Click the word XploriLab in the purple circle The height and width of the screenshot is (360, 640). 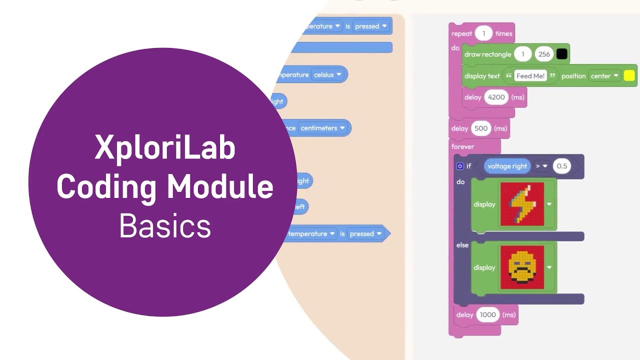pyautogui.click(x=165, y=148)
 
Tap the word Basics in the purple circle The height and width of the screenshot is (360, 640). pyautogui.click(x=165, y=226)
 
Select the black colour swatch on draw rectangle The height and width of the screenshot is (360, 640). pyautogui.click(x=562, y=54)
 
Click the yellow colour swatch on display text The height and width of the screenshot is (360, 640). pyautogui.click(x=629, y=75)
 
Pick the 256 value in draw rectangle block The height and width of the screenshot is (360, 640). pyautogui.click(x=543, y=54)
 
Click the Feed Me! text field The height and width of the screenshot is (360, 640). pyautogui.click(x=530, y=76)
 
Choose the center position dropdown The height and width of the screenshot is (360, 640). pyautogui.click(x=604, y=76)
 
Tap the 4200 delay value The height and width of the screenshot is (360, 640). pyautogui.click(x=496, y=97)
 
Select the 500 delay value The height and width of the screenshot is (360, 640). pyautogui.click(x=480, y=128)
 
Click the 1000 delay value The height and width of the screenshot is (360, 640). pyautogui.click(x=487, y=314)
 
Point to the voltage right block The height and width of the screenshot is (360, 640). pyautogui.click(x=507, y=166)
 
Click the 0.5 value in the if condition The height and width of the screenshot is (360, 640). pyautogui.click(x=562, y=166)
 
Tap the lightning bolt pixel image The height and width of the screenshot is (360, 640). pyautogui.click(x=522, y=204)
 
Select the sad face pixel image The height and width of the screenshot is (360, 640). pyautogui.click(x=522, y=267)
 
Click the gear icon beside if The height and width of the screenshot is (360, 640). pyautogui.click(x=460, y=166)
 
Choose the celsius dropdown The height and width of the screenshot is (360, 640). pyautogui.click(x=327, y=74)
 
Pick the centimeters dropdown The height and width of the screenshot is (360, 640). pyautogui.click(x=322, y=128)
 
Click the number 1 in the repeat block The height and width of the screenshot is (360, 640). pyautogui.click(x=483, y=33)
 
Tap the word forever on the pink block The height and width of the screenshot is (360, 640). pyautogui.click(x=462, y=146)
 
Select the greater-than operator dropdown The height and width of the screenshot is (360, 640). pyautogui.click(x=541, y=166)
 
